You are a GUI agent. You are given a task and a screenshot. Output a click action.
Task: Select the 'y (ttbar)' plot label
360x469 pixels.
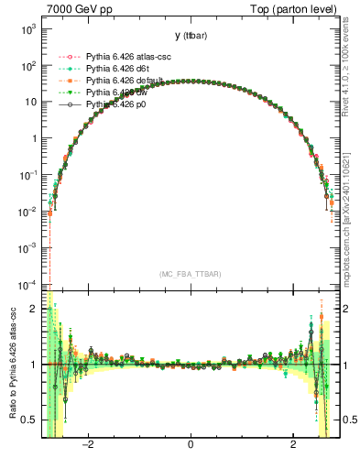190,36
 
